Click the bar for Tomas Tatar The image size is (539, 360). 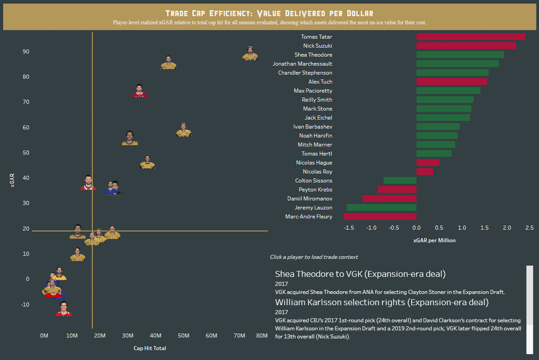[471, 37]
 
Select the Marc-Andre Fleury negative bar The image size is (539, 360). [380, 216]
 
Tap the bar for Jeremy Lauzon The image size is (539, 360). [381, 207]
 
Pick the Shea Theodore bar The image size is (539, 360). [460, 55]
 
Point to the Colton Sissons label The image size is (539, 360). [313, 180]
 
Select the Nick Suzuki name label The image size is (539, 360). [317, 46]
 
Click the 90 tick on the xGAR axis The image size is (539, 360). [25, 52]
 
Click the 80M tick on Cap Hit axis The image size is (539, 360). [262, 336]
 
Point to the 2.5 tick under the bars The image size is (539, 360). [530, 228]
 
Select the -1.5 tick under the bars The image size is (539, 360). [349, 228]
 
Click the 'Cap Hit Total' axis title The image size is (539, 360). [150, 349]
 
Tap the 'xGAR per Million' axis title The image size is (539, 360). [434, 240]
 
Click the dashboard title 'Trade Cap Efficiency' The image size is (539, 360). [269, 13]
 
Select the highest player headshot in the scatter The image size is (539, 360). [250, 54]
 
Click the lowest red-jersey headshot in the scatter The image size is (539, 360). [63, 309]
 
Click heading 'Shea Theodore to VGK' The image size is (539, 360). [360, 274]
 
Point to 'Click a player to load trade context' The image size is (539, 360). [313, 257]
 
